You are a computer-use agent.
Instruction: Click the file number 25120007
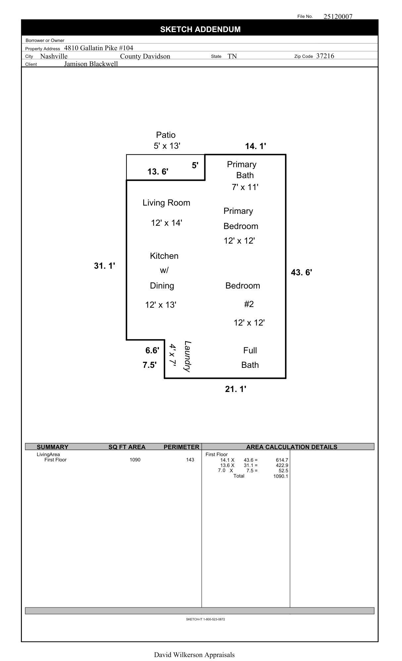click(338, 17)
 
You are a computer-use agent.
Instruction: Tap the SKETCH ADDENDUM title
click(200, 29)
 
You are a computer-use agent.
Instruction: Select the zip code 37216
click(325, 56)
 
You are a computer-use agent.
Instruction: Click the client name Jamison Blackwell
click(91, 64)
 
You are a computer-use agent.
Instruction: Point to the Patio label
click(166, 135)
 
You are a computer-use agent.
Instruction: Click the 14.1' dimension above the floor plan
click(255, 146)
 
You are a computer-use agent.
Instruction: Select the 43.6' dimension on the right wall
click(301, 272)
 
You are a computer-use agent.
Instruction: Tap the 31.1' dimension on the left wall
click(104, 266)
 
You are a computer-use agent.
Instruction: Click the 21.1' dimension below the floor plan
click(235, 389)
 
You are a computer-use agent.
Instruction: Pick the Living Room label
click(166, 203)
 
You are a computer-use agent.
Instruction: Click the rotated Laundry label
click(188, 356)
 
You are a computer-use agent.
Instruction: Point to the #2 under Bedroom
click(249, 304)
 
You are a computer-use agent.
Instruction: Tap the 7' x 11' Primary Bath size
click(245, 187)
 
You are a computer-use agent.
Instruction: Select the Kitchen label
click(164, 256)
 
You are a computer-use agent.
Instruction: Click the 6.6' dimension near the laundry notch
click(152, 350)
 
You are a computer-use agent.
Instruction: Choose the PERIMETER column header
click(181, 447)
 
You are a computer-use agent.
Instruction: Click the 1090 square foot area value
click(135, 460)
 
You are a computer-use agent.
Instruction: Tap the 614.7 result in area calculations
click(282, 460)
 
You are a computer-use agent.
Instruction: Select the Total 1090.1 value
click(280, 476)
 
